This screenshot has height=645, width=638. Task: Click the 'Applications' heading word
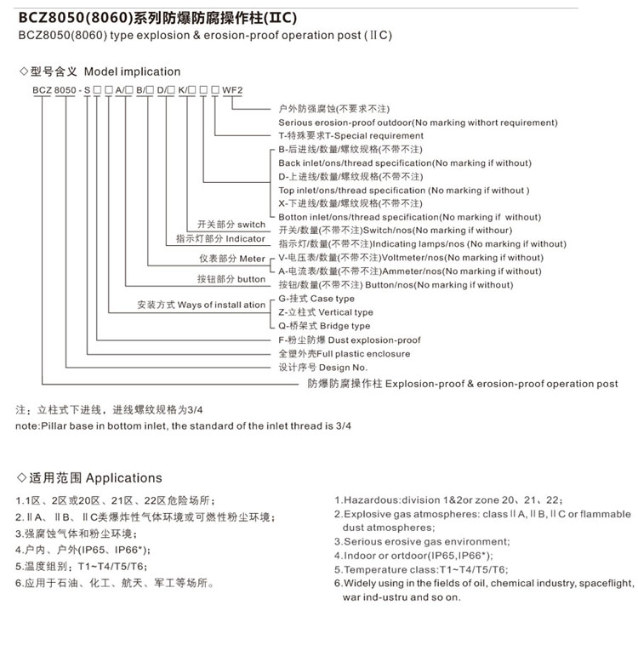coord(123,478)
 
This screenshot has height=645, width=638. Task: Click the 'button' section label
coord(251,279)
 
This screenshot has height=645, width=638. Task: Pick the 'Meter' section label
coord(252,259)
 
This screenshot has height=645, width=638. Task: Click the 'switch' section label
coord(251,225)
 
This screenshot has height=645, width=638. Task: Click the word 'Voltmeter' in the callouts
coord(410,258)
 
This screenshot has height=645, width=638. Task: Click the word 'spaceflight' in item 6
coord(604,584)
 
